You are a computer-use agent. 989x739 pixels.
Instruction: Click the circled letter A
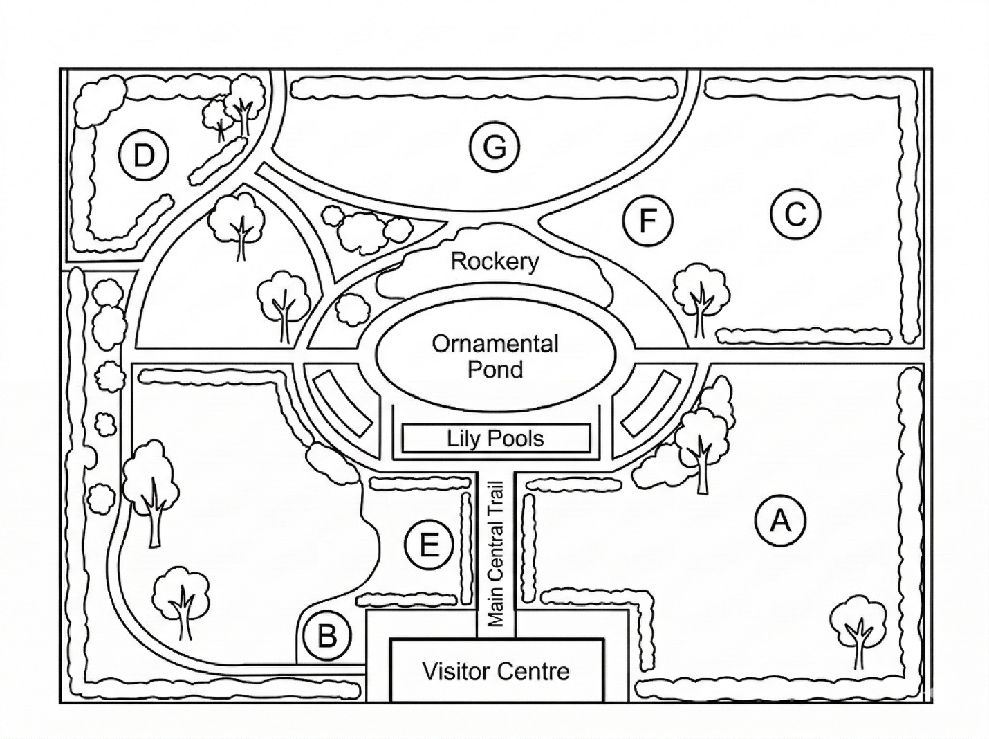[x=780, y=521]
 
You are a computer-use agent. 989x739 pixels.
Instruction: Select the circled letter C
[x=795, y=214]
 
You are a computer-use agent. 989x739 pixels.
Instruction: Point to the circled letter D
[x=143, y=156]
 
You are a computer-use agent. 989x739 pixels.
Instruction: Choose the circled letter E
[x=429, y=545]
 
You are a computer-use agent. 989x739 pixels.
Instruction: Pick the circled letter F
[x=648, y=220]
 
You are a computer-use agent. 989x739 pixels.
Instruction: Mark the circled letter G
[x=494, y=147]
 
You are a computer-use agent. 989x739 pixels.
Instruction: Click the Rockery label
[x=494, y=262]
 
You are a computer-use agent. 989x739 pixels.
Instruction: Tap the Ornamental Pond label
[x=495, y=356]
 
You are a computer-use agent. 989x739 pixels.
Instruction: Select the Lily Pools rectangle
[x=496, y=438]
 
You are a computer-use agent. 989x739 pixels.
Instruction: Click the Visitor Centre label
[x=496, y=671]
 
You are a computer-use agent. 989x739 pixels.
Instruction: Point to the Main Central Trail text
[x=496, y=554]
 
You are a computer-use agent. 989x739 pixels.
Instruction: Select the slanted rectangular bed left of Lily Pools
[x=342, y=403]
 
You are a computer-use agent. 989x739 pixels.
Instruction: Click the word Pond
[x=495, y=370]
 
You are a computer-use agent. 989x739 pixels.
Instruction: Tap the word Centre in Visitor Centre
[x=534, y=671]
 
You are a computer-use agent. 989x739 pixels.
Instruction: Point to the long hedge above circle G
[x=484, y=89]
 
